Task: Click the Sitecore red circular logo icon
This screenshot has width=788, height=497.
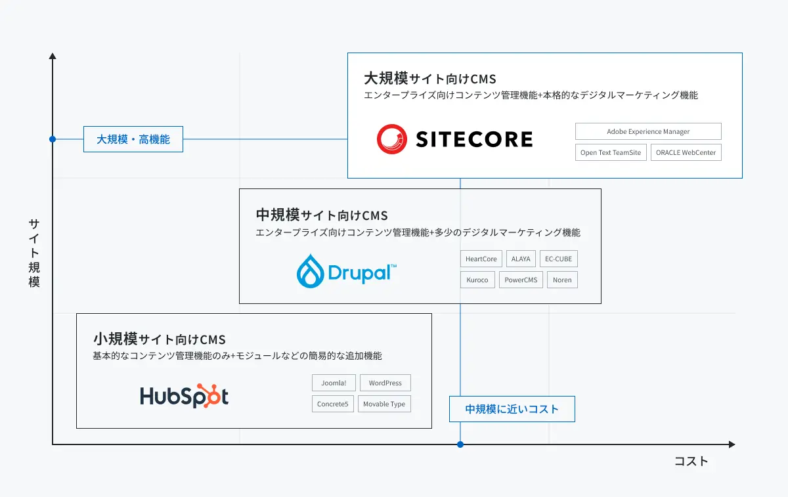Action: tap(393, 139)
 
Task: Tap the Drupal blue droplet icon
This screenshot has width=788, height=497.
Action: tap(309, 271)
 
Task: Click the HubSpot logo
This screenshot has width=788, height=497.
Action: tap(185, 396)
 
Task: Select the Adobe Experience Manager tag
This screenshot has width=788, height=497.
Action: tap(648, 131)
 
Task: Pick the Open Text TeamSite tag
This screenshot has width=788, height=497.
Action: tap(611, 152)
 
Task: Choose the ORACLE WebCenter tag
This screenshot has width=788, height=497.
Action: tap(686, 152)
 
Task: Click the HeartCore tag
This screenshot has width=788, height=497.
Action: tap(481, 259)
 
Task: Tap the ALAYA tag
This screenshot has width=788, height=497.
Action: tap(521, 259)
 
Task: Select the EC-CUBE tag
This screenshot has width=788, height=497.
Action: tap(558, 259)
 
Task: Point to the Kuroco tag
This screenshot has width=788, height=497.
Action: tap(477, 280)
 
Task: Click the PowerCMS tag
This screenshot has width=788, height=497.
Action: tap(521, 280)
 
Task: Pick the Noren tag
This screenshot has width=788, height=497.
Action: tap(562, 280)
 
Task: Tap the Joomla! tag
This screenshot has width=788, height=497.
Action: tap(334, 383)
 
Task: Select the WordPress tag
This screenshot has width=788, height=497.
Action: tap(385, 383)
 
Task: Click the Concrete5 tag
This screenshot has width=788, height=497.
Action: tap(333, 404)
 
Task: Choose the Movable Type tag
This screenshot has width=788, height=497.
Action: tap(384, 404)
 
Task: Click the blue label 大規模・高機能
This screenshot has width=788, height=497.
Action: tap(133, 139)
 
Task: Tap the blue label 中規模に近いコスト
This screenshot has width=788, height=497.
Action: tap(512, 409)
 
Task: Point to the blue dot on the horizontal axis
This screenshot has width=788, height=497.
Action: tap(460, 444)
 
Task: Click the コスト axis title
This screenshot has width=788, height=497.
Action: tap(691, 462)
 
